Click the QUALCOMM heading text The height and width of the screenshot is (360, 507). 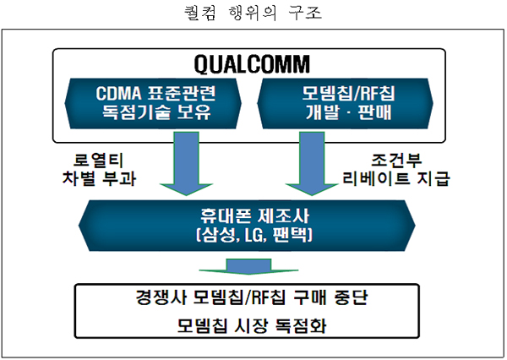252,64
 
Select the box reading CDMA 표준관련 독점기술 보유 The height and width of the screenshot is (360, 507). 153,103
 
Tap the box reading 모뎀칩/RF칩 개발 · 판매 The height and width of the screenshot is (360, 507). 345,103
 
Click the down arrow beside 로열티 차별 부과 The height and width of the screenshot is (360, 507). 186,163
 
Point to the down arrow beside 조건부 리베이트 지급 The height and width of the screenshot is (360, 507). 312,163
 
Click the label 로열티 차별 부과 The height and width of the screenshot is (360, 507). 99,170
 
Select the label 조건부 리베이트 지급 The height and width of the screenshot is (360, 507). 396,170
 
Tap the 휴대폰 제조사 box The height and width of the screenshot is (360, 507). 247,226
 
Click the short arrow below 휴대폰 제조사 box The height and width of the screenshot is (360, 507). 248,266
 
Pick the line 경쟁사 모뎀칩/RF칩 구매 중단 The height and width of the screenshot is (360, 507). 252,297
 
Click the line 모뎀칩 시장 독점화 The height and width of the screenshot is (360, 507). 252,325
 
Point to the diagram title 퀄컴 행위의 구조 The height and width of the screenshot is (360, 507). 253,14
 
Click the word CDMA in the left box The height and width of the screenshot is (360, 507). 118,94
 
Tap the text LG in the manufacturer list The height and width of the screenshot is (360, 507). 254,235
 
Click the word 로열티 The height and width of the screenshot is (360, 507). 99,160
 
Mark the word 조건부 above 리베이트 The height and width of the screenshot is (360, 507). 396,160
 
